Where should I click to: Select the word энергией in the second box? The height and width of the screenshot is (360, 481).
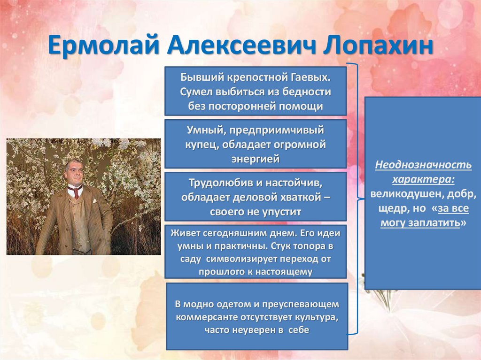[256, 159]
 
